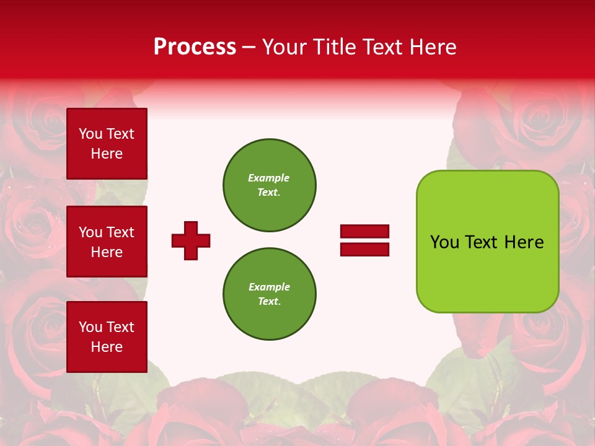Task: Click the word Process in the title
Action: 195,47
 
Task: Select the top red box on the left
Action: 107,144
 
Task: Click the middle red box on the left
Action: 107,242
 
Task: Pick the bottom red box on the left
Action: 107,337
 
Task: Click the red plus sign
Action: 191,240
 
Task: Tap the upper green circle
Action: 269,185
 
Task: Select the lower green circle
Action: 269,294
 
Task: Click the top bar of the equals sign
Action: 364,232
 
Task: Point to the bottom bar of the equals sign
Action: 364,249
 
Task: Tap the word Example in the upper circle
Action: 269,178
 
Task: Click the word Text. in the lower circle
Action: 269,302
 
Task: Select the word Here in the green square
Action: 524,242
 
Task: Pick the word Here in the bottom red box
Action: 107,347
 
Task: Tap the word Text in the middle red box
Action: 120,232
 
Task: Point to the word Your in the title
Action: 284,47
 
